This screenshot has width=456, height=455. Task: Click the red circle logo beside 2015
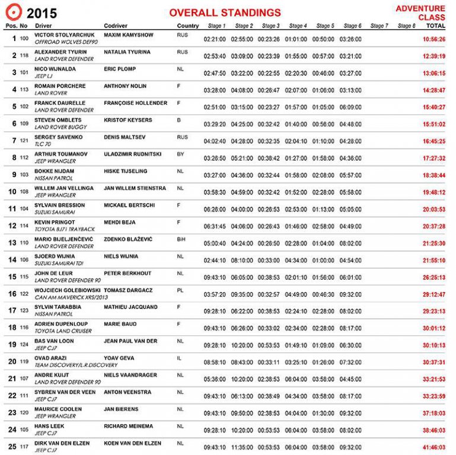(13, 12)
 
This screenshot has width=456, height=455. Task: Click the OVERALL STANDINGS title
(225, 12)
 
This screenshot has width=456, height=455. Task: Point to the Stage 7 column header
(379, 26)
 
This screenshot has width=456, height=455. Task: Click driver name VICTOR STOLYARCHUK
(60, 35)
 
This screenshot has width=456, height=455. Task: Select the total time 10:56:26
(434, 39)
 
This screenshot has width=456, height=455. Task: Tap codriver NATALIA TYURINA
(127, 52)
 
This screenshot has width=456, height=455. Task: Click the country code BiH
(182, 239)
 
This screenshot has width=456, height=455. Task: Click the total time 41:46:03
(434, 447)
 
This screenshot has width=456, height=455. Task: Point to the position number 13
(12, 243)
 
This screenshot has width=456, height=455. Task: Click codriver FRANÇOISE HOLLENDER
(135, 103)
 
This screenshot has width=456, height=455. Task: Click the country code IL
(179, 358)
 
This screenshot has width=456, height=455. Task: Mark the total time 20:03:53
(434, 209)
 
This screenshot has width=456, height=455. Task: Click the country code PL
(180, 290)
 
